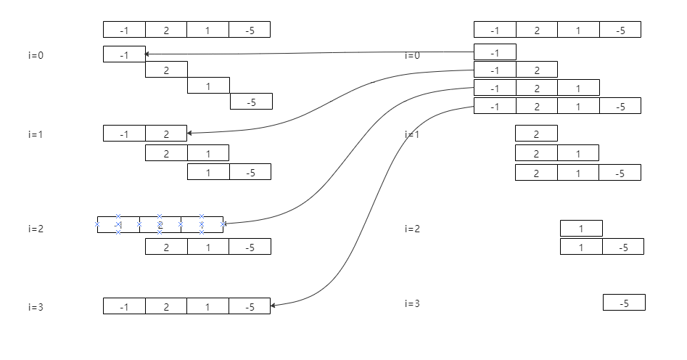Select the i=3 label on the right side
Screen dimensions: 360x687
412,303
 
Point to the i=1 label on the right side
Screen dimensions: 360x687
412,134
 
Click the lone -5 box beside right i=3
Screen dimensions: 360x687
624,303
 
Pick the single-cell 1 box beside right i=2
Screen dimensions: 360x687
581,229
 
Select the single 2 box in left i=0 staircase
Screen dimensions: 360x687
166,70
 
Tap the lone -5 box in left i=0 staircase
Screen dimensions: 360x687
251,102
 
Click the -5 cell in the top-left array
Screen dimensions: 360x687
250,30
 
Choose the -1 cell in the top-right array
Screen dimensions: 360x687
495,30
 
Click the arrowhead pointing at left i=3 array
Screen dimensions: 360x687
273,306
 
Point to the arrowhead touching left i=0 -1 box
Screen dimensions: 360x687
147,54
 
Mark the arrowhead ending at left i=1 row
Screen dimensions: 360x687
190,133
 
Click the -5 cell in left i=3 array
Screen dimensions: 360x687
250,307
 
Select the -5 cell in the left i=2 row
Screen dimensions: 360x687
250,247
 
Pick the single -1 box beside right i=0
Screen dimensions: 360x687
495,52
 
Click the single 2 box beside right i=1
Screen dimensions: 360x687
536,134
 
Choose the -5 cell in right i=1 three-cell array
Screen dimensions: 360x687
620,173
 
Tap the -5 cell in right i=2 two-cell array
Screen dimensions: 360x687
622,247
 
